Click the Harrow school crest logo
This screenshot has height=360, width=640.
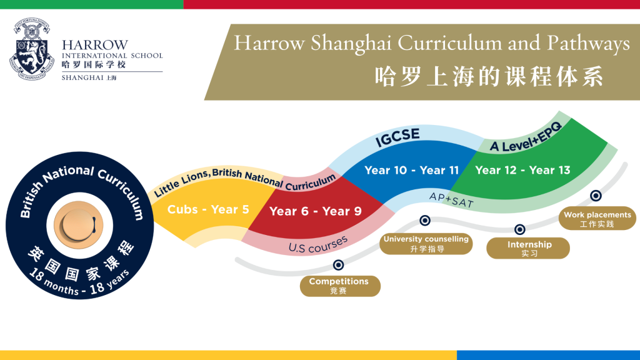pyautogui.click(x=32, y=49)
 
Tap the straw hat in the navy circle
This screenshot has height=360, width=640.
pyautogui.click(x=79, y=225)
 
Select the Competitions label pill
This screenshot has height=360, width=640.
pyautogui.click(x=340, y=286)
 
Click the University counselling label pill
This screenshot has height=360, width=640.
pyautogui.click(x=426, y=244)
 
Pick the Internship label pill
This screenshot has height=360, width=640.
pyautogui.click(x=528, y=248)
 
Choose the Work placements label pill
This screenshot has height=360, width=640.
pyautogui.click(x=597, y=218)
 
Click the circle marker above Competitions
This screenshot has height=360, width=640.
pyautogui.click(x=338, y=265)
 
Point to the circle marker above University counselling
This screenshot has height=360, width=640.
pyautogui.click(x=425, y=221)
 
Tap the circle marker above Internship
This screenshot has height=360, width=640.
pyautogui.click(x=519, y=229)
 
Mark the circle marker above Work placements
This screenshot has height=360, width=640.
pyautogui.click(x=596, y=196)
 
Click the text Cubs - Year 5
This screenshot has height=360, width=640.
pyautogui.click(x=208, y=209)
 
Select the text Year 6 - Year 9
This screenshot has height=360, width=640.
pyautogui.click(x=316, y=211)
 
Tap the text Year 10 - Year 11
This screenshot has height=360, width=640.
pyautogui.click(x=411, y=170)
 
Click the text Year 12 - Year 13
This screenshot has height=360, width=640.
pyautogui.click(x=522, y=170)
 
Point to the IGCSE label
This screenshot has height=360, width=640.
pyautogui.click(x=397, y=137)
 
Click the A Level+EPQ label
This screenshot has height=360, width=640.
pyautogui.click(x=526, y=138)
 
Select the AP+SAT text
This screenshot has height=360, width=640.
pyautogui.click(x=451, y=199)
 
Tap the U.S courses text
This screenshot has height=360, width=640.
pyautogui.click(x=318, y=245)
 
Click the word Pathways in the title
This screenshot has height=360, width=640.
pyautogui.click(x=589, y=43)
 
